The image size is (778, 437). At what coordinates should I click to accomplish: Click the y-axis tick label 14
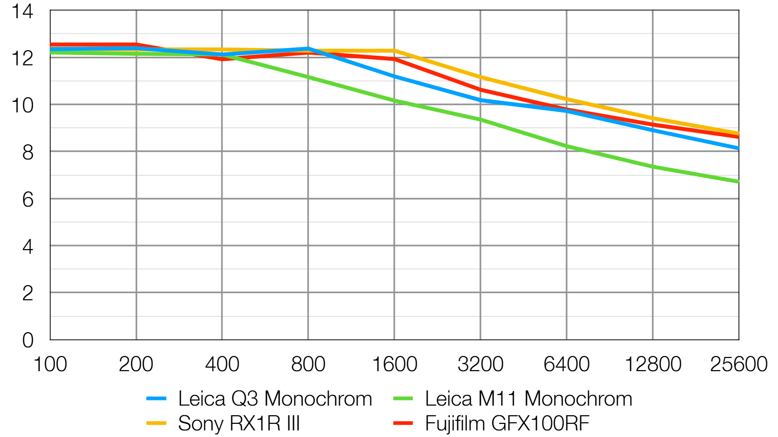[x=22, y=11]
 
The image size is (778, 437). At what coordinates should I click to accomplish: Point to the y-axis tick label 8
[x=27, y=152]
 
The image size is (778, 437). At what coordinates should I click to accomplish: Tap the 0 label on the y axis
[x=27, y=340]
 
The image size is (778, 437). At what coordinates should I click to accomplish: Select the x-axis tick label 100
[x=50, y=365]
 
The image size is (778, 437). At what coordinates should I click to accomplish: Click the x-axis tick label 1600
[x=394, y=365]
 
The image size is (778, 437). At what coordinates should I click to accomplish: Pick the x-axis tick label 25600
[x=738, y=365]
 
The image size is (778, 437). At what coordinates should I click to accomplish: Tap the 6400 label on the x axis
[x=566, y=365]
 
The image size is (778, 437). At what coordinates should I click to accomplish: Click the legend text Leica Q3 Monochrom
[x=275, y=399]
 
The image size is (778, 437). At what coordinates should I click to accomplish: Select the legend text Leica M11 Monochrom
[x=528, y=399]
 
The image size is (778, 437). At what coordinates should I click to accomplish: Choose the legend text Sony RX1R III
[x=239, y=423]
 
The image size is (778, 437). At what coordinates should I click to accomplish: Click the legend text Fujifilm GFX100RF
[x=507, y=423]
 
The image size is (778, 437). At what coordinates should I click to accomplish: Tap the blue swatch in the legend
[x=156, y=399]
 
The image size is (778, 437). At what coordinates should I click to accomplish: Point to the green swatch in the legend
[x=403, y=399]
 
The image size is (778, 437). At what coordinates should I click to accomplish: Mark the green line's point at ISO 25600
[x=738, y=181]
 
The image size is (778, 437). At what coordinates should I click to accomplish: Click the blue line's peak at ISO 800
[x=308, y=49]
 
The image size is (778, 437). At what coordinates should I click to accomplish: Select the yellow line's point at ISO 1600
[x=394, y=51]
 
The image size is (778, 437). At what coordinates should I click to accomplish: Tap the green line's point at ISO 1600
[x=394, y=100]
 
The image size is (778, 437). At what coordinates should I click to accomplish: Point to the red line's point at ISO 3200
[x=480, y=90]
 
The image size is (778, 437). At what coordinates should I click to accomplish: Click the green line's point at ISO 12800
[x=652, y=167]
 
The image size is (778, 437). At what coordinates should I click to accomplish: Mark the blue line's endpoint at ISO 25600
[x=738, y=148]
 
